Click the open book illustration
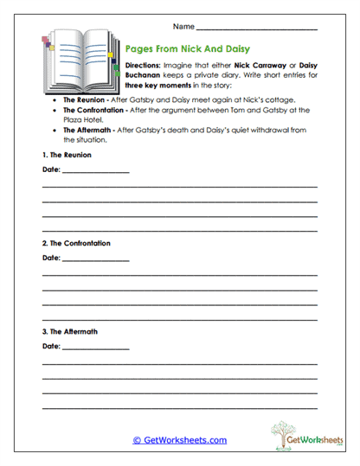tap(80, 65)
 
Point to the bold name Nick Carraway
tap(260, 66)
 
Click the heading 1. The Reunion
tap(67, 155)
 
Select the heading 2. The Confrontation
tap(76, 243)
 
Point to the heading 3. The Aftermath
tap(71, 332)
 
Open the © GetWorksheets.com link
tap(179, 440)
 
